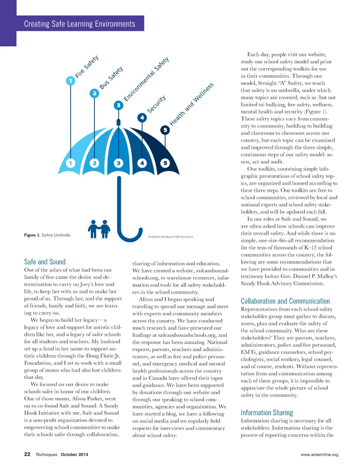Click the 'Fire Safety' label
point(87,67)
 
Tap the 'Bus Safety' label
point(111,78)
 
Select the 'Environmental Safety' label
point(146,79)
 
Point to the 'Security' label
point(156,104)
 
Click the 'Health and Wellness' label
point(192,104)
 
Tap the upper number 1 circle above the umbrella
point(70,81)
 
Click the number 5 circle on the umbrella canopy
point(165,163)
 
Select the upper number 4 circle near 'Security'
point(142,117)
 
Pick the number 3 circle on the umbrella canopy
point(118,163)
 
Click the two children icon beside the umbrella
point(99,229)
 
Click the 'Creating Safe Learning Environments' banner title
point(79,24)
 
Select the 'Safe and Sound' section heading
point(45,262)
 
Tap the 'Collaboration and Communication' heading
point(285,301)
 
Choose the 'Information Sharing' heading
point(267,413)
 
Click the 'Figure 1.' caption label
point(32,235)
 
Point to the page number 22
point(27,454)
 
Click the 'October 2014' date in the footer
point(74,454)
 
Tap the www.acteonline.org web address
point(319,454)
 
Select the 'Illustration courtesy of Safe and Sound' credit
point(170,237)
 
